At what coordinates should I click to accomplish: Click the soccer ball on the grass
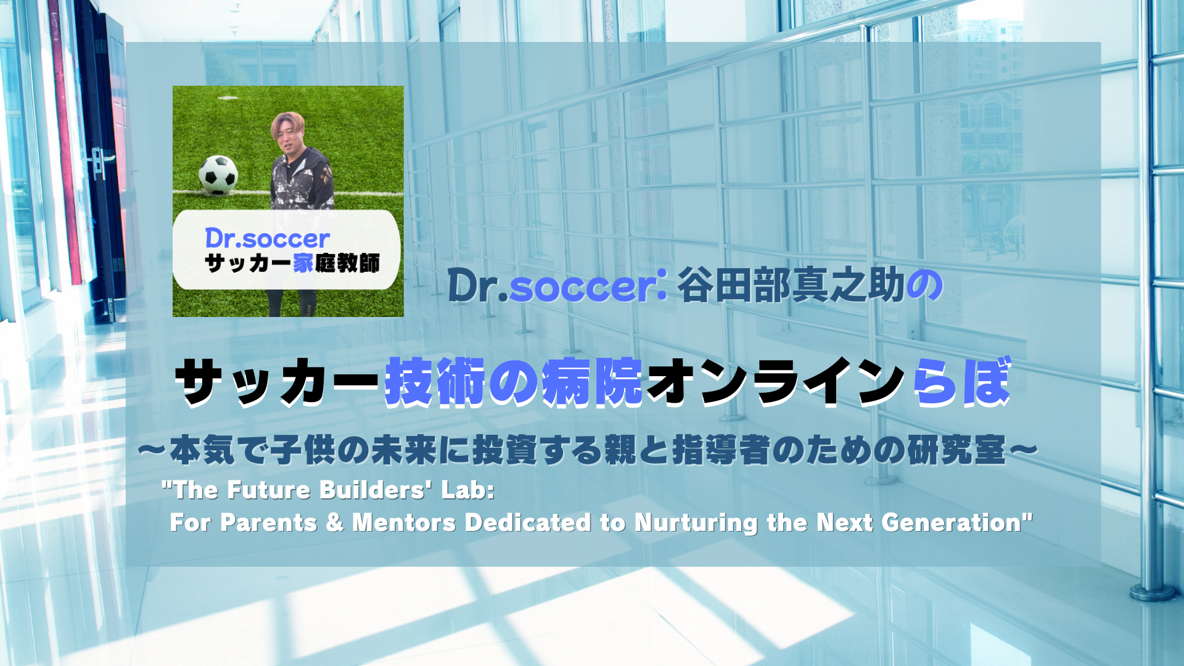tap(218, 174)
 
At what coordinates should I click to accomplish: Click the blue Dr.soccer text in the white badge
tap(267, 239)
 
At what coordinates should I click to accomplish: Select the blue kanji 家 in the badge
tap(303, 263)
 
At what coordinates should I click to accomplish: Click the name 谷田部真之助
tap(791, 286)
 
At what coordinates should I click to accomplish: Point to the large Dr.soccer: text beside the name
tap(557, 286)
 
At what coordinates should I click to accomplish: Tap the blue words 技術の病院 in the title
tap(514, 383)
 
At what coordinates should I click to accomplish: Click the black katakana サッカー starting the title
tap(278, 383)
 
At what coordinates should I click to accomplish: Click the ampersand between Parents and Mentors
tap(334, 523)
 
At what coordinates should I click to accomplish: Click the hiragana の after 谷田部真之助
tap(924, 286)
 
